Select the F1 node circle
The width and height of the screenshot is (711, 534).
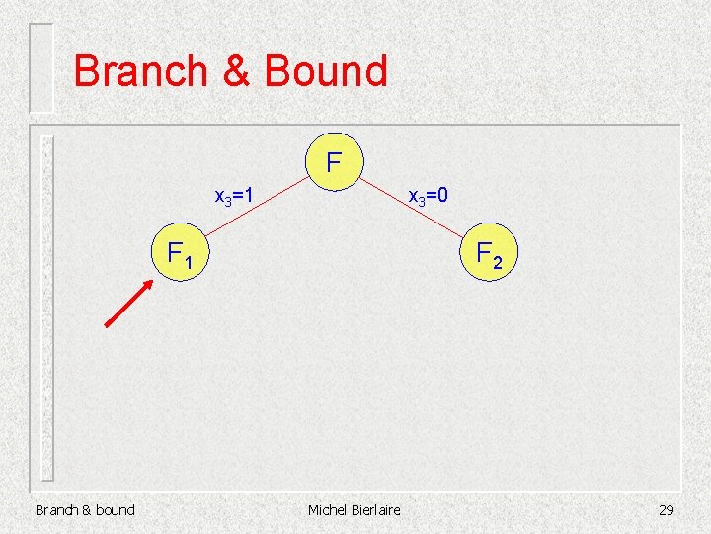(179, 255)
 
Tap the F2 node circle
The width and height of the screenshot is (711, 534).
(490, 255)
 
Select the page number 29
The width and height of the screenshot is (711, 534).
(666, 510)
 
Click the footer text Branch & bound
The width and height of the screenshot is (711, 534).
(85, 510)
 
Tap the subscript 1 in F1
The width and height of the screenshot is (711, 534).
(187, 262)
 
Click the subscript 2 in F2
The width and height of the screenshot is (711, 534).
(498, 262)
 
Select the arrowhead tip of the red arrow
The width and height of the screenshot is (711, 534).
(151, 282)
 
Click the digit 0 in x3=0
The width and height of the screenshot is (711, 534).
(444, 196)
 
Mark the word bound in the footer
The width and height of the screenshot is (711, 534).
(114, 510)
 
